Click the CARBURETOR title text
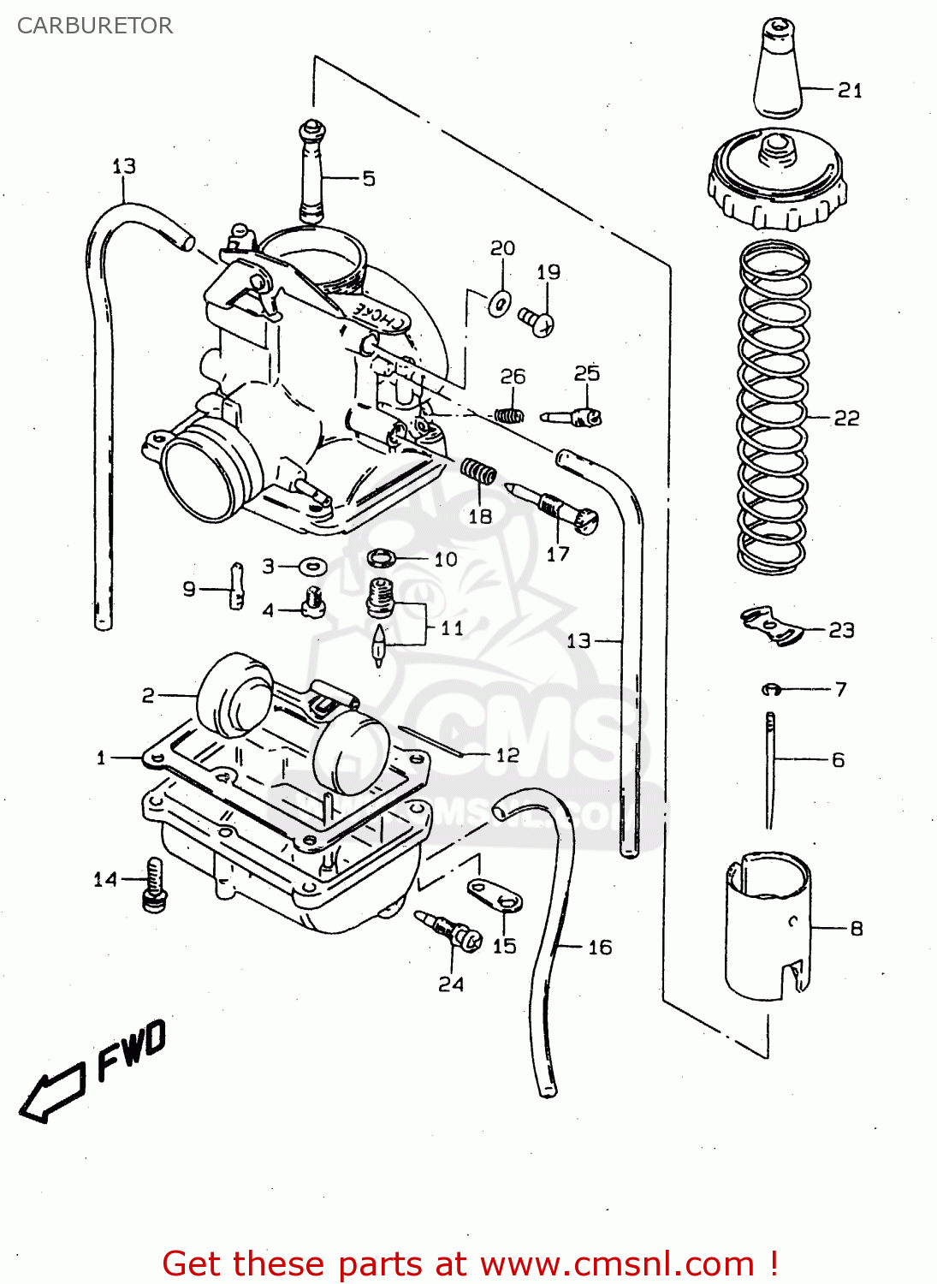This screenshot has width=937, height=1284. coord(95,26)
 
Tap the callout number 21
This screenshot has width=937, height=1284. coord(850,90)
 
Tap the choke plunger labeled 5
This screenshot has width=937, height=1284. coord(312,172)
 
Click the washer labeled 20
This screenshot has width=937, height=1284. coord(500,302)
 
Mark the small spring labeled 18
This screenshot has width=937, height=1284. coord(478,471)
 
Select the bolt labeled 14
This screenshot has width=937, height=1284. coord(154,884)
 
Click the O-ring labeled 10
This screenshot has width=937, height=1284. coord(382,559)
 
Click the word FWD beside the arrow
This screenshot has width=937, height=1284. coord(131,1050)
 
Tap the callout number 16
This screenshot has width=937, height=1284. coord(600,947)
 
